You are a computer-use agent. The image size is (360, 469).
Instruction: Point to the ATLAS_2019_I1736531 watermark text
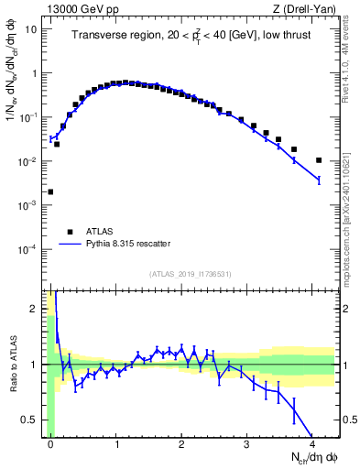[191, 273]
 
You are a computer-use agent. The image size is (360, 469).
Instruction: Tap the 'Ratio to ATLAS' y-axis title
[12, 364]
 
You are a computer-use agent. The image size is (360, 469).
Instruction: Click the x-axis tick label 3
[247, 443]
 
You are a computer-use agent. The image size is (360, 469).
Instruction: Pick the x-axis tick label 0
[51, 443]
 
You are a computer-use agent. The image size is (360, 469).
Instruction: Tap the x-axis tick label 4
[312, 443]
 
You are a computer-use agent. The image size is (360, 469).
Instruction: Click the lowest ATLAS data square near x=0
[50, 191]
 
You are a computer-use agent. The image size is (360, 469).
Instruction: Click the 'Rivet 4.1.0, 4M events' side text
[352, 64]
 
